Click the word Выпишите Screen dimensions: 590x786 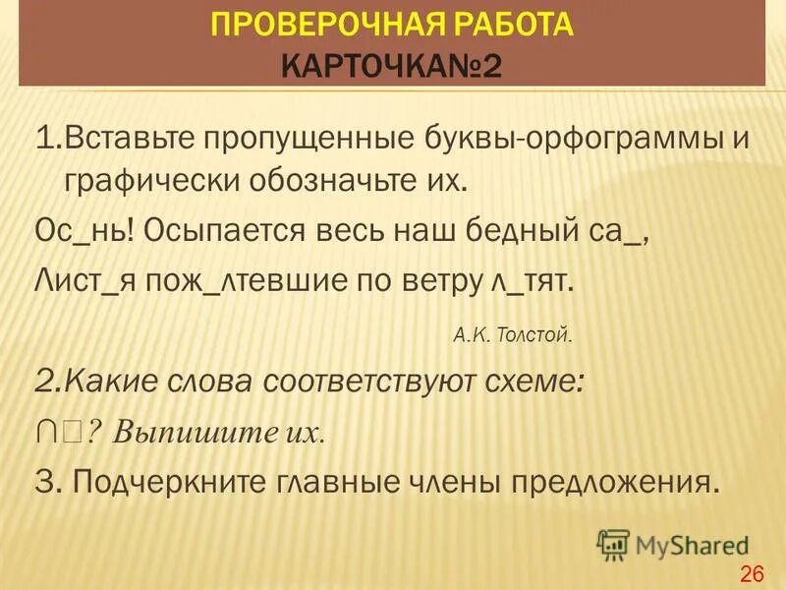pos(195,434)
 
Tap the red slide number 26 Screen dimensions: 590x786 pos(752,574)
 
